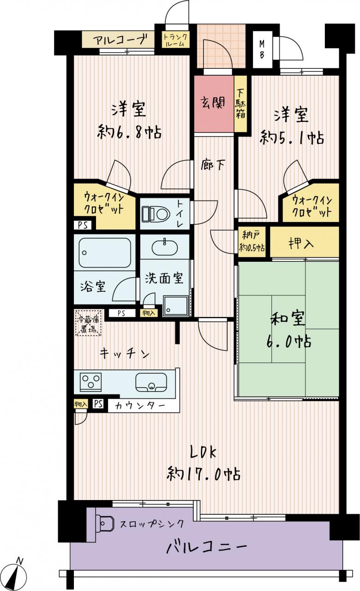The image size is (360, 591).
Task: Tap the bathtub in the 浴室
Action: (105, 253)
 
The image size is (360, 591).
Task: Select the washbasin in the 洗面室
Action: (165, 247)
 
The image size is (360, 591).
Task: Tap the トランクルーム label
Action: (175, 40)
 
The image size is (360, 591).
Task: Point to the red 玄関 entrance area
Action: (214, 104)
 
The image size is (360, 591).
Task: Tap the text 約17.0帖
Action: (204, 474)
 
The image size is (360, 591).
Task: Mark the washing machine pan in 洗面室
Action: (175, 306)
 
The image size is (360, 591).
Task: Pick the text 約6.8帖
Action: (129, 132)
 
